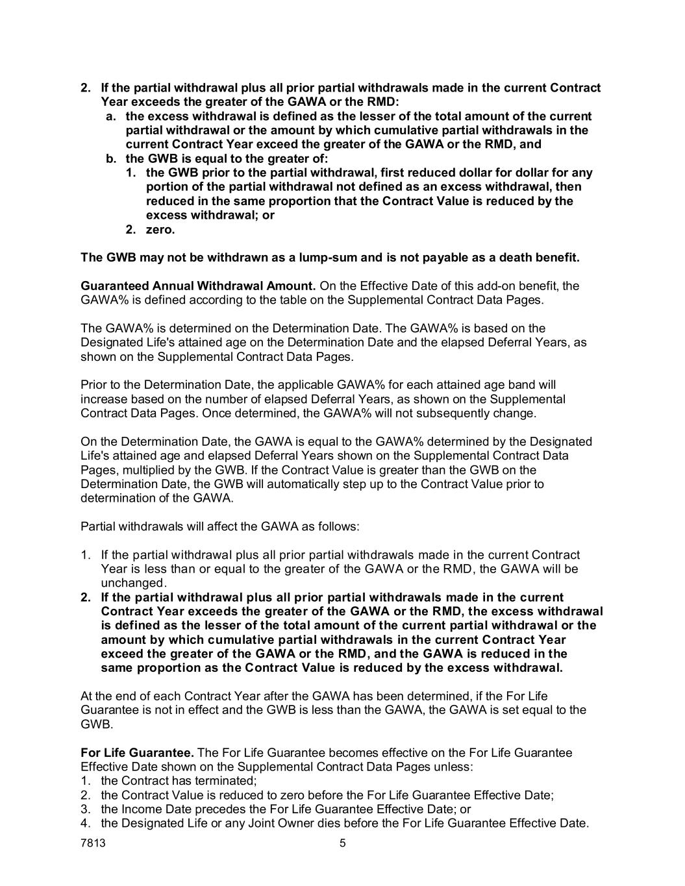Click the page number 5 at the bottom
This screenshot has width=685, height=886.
(343, 844)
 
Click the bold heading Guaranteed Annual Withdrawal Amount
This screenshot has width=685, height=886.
(198, 286)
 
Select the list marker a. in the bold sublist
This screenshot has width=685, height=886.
(111, 116)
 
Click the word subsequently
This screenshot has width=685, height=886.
(462, 413)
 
